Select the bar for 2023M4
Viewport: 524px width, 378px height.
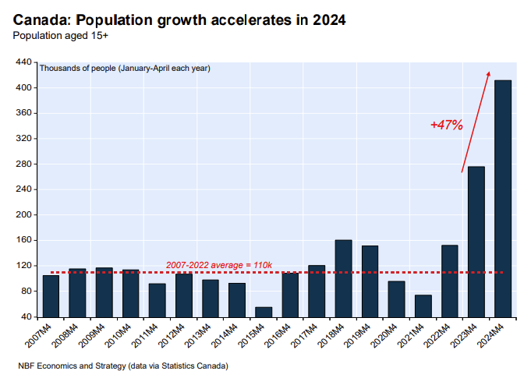(476, 242)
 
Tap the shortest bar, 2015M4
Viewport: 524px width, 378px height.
(264, 312)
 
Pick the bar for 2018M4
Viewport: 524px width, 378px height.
(343, 278)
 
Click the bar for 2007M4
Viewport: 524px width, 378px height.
(51, 296)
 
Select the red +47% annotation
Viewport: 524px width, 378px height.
(447, 125)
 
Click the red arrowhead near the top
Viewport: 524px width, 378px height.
(488, 73)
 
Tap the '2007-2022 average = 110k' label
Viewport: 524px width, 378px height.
(219, 266)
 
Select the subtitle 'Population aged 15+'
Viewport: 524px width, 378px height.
(60, 36)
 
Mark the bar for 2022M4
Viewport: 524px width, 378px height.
(449, 281)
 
